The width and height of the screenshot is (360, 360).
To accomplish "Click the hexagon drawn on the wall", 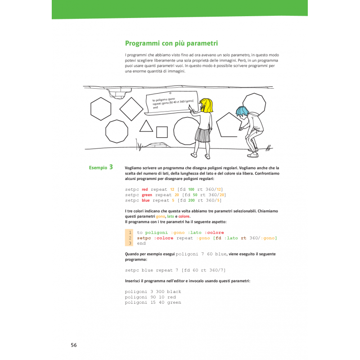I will tap(101, 109).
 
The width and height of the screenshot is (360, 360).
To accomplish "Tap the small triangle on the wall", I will tap(146, 126).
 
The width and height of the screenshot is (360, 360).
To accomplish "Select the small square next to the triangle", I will tap(162, 132).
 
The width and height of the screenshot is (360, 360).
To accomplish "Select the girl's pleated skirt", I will tap(203, 135).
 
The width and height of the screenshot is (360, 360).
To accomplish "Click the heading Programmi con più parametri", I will tap(171, 44).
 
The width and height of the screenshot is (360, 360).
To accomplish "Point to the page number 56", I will tap(74, 345).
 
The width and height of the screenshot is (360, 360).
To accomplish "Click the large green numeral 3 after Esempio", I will tap(111, 167).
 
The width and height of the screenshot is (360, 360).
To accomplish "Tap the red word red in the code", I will tap(144, 189).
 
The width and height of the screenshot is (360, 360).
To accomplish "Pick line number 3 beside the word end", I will tap(130, 243).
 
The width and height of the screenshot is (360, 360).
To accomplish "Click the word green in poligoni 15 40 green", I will tap(173, 302).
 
